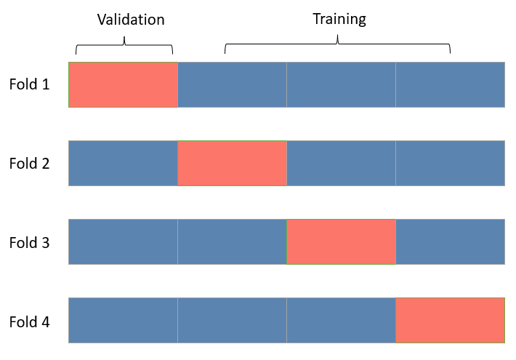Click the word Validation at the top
(x=131, y=20)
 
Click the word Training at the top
(x=339, y=19)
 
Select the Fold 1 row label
(x=29, y=84)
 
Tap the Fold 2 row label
(x=29, y=163)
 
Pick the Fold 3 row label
(x=29, y=242)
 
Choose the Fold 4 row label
(x=29, y=321)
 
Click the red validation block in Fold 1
(x=123, y=84)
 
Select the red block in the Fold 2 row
(x=233, y=163)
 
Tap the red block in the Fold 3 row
(x=342, y=242)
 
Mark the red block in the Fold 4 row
(x=451, y=321)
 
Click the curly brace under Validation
(x=124, y=45)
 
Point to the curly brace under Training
(x=337, y=45)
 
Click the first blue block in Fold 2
(x=123, y=163)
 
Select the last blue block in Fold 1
(x=451, y=84)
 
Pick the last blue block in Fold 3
(x=451, y=242)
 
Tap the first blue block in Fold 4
(x=123, y=321)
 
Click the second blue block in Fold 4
(x=233, y=321)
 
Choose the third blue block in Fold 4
(x=342, y=321)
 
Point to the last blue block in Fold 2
(x=451, y=163)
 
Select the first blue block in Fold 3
(x=123, y=242)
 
